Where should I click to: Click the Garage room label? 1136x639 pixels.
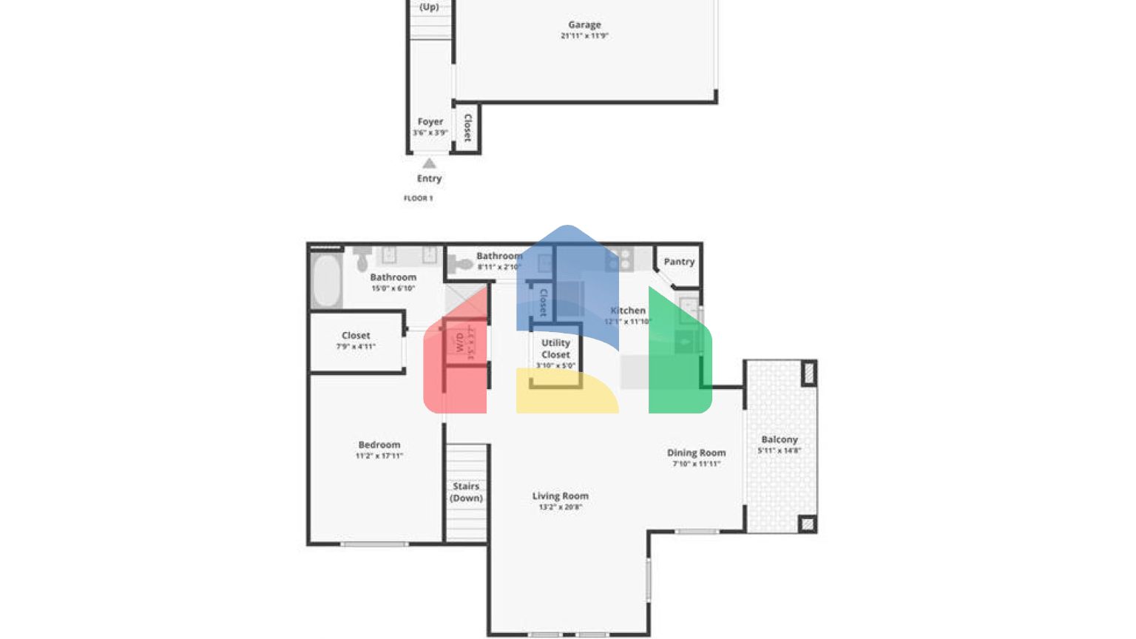click(x=584, y=24)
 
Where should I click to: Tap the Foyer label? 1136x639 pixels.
click(x=430, y=121)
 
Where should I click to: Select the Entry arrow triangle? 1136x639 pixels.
click(x=429, y=163)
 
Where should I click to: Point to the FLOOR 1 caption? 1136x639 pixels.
click(x=418, y=198)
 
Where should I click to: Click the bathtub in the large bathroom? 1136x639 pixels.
click(x=326, y=280)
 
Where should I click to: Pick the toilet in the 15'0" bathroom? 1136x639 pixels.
click(x=362, y=259)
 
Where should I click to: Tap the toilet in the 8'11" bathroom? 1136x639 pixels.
click(x=462, y=263)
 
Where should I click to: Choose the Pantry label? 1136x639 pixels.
click(x=679, y=262)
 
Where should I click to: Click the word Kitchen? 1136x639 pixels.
click(x=628, y=311)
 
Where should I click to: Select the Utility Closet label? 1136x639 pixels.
click(x=555, y=348)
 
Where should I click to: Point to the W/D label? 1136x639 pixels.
click(x=459, y=342)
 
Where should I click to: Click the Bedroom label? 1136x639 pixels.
click(x=379, y=444)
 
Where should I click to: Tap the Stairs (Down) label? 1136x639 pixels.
click(x=466, y=492)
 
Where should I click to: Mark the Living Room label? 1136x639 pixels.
click(x=560, y=496)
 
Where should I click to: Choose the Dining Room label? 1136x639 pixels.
click(x=696, y=453)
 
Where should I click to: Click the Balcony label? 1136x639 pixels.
click(x=780, y=439)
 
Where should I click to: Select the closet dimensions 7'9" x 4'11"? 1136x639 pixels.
click(x=356, y=346)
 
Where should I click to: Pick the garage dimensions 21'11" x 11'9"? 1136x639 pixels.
click(x=584, y=35)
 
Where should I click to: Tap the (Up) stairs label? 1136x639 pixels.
click(x=429, y=7)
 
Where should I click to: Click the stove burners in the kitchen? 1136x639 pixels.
click(x=620, y=259)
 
